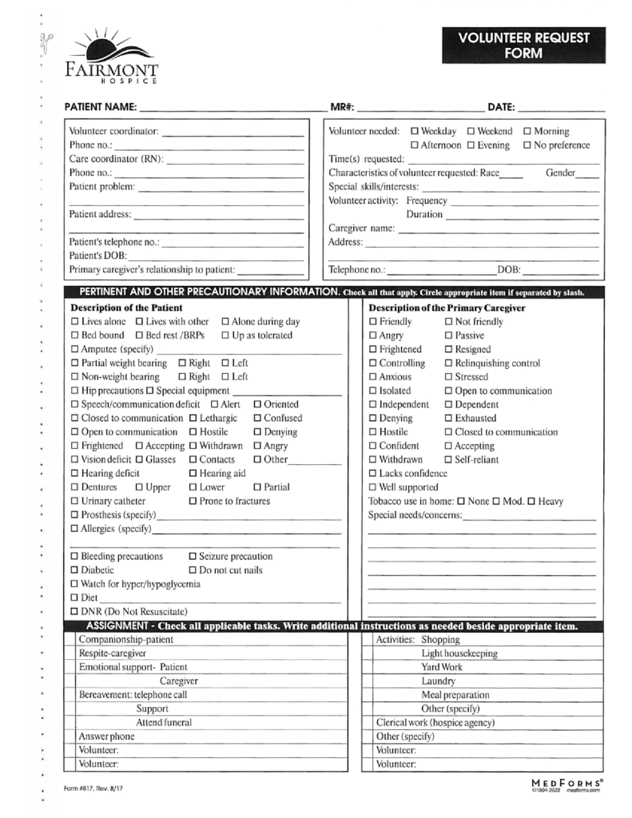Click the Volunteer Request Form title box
click(x=523, y=46)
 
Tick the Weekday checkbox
click(x=415, y=131)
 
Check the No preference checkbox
click(x=527, y=145)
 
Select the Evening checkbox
click(x=471, y=145)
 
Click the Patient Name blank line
click(x=232, y=107)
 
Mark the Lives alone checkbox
click(x=74, y=322)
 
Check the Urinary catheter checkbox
click(x=74, y=502)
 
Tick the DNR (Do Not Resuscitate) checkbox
click(x=74, y=612)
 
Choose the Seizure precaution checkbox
click(x=193, y=557)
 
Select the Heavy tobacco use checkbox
click(x=531, y=502)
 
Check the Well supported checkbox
click(x=372, y=487)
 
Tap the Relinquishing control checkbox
click(x=448, y=363)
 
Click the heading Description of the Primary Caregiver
click(x=446, y=308)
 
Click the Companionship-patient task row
click(x=125, y=640)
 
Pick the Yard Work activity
click(x=442, y=667)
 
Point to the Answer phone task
click(x=106, y=737)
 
